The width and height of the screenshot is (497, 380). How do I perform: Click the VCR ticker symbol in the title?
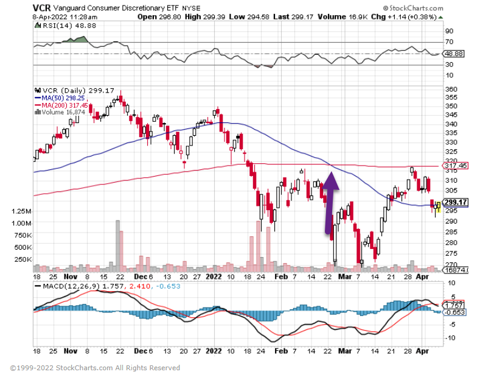(x=42, y=8)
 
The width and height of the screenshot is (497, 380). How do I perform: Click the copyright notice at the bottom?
(x=96, y=368)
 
